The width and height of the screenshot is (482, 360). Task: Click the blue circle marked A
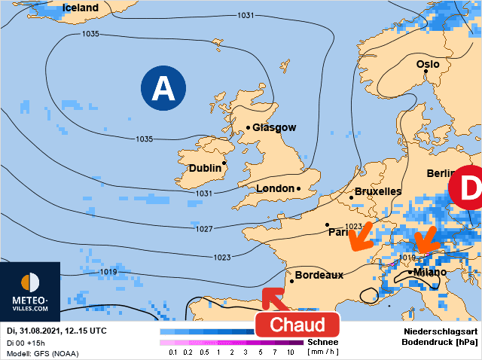[163, 89]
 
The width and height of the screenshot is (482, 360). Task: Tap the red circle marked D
[467, 188]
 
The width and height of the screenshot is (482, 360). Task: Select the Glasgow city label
[274, 127]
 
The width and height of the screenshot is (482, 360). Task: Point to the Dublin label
[205, 168]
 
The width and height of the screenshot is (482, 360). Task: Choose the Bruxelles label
[377, 191]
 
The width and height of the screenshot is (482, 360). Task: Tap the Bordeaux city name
[319, 275]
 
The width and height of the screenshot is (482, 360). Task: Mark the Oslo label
[427, 65]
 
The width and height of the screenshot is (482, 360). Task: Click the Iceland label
[81, 8]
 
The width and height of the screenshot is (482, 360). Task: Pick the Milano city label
[429, 272]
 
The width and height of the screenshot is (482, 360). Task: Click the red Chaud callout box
[297, 325]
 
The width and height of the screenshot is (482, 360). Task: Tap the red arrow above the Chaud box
[276, 300]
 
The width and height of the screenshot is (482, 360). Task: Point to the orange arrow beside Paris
[361, 236]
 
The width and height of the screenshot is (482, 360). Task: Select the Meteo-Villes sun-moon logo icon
[31, 282]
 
